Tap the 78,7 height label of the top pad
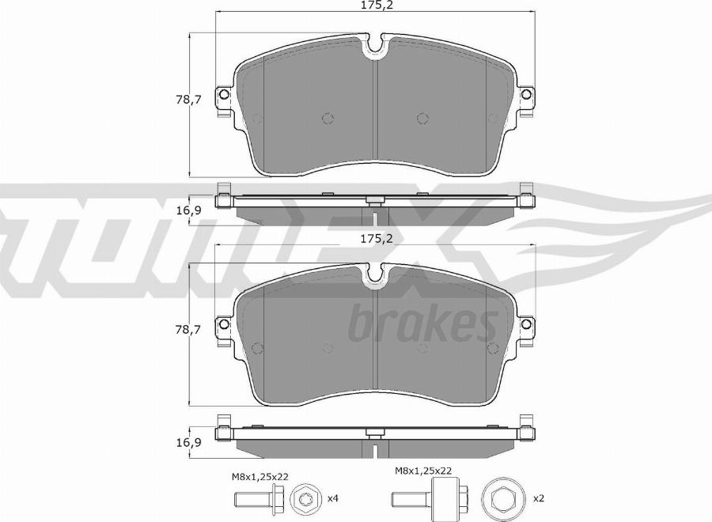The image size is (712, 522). tap(188, 100)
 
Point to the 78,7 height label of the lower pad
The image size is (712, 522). tap(188, 330)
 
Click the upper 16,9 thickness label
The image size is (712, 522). tap(189, 210)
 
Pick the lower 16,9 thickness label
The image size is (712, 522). tap(189, 442)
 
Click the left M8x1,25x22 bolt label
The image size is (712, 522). tap(260, 477)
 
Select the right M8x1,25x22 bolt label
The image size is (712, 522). tap(422, 471)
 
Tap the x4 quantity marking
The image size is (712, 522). tap(333, 498)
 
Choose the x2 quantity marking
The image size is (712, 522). tap(539, 498)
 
